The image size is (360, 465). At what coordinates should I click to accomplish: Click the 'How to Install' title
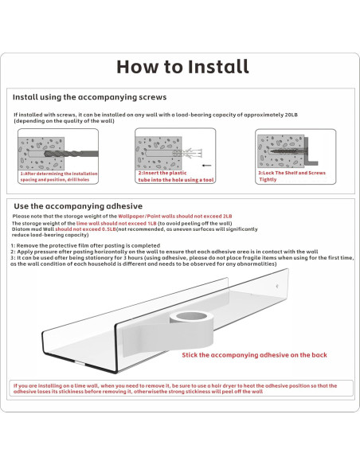click(182, 66)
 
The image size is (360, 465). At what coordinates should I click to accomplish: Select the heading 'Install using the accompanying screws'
click(89, 97)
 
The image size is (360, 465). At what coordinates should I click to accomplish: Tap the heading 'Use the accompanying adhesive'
click(78, 206)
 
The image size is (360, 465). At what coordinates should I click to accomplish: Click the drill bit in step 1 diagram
click(71, 154)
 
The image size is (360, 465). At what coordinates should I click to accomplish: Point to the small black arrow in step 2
click(207, 166)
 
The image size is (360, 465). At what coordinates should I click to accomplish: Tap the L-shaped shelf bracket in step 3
click(309, 151)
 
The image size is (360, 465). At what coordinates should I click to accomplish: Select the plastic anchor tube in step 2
click(187, 153)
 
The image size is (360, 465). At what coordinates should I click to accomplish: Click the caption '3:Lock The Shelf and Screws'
click(292, 173)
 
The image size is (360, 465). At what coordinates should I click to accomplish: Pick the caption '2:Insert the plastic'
click(162, 173)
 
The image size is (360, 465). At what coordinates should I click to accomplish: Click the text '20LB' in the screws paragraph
click(292, 115)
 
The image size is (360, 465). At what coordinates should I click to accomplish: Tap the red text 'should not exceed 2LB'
click(204, 217)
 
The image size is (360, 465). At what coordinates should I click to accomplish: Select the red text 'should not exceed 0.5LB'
click(85, 229)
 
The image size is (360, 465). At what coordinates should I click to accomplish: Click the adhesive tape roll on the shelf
click(192, 329)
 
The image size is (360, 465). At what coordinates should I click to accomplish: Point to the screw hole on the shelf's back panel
click(277, 286)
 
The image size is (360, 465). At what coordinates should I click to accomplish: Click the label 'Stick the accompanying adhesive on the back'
click(254, 355)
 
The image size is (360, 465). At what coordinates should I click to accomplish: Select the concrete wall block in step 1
click(41, 154)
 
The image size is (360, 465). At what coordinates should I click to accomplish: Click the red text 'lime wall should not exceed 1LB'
click(116, 223)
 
